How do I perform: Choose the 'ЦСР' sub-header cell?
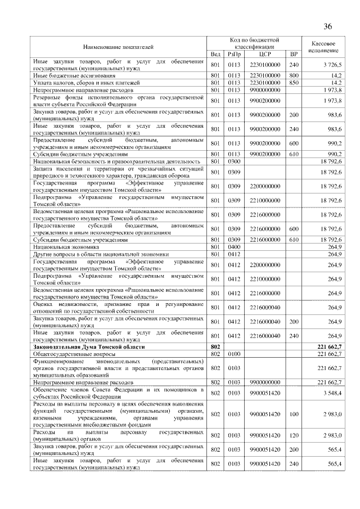tap(265, 54)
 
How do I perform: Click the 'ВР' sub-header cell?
tap(293, 54)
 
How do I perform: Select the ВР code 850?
tap(293, 82)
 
